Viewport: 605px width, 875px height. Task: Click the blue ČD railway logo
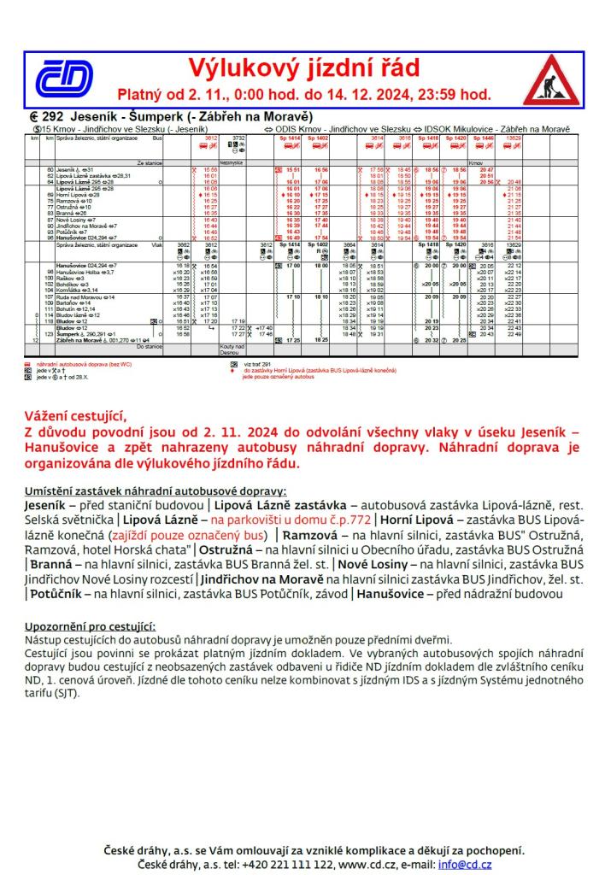(x=65, y=79)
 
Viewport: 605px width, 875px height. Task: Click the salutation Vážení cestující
(x=75, y=417)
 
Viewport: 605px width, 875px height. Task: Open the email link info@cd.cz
(x=469, y=864)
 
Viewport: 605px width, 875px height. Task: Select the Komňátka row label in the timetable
(x=75, y=290)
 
